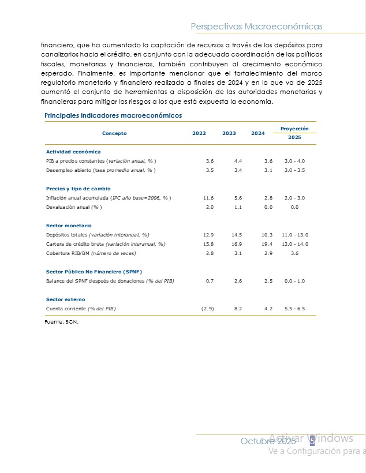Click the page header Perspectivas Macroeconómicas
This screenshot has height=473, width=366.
click(256, 27)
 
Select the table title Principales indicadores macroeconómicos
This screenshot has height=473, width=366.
click(113, 115)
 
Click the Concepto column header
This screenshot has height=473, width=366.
click(114, 133)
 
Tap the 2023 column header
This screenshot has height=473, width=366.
click(229, 133)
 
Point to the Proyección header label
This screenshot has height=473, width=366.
click(294, 129)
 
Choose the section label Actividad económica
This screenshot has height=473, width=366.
click(73, 152)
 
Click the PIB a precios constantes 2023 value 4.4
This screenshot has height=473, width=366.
click(238, 161)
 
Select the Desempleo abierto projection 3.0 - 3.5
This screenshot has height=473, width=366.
click(296, 170)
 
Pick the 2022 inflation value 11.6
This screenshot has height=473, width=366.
click(208, 198)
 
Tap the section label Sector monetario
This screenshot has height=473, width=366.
click(69, 226)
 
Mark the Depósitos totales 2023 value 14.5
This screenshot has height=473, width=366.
click(236, 235)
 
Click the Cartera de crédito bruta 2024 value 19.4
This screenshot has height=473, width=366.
click(267, 244)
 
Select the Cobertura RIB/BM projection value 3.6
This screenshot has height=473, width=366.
click(295, 253)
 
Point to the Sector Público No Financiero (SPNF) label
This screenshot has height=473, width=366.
click(94, 272)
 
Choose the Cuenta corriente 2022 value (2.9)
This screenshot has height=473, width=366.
click(208, 309)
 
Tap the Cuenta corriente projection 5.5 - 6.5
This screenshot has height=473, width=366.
click(296, 309)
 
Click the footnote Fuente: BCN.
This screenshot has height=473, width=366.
click(61, 322)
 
